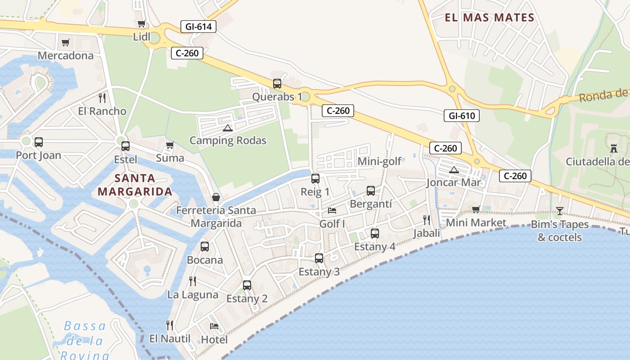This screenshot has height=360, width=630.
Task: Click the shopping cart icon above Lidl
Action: pos(141,24)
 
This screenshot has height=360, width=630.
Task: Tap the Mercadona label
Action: pos(66,55)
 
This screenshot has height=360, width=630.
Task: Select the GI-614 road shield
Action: pos(198,27)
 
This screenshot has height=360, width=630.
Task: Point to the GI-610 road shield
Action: pos(462,116)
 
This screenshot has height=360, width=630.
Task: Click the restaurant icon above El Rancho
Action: pos(102,98)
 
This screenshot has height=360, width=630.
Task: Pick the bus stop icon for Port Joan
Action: pos(39,142)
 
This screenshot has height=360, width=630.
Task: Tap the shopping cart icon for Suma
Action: pos(170,145)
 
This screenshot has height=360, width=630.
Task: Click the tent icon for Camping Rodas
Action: pos(228,128)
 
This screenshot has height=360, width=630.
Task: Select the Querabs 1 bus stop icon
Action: pos(277,84)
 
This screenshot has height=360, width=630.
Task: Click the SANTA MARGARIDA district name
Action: pos(135,185)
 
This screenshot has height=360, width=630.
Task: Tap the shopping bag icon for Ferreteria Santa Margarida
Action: pos(216,198)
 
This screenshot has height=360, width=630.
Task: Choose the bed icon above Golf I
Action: pos(332,210)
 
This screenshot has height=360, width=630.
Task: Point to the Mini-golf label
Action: pos(379,162)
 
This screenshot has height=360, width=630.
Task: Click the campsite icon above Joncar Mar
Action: pos(454,170)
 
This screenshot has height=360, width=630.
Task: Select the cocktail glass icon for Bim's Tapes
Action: pos(559,211)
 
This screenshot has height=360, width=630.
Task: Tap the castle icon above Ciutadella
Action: pos(613,148)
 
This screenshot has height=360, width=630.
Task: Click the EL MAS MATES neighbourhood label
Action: pos(489,18)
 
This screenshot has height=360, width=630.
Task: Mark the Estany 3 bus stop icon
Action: pos(319,258)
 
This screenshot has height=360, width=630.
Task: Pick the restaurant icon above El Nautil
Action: pos(170,325)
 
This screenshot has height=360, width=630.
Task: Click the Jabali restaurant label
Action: pos(427,233)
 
